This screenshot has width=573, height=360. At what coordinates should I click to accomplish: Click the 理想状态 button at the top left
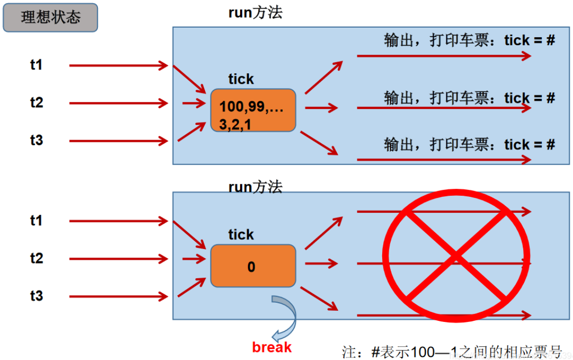50,18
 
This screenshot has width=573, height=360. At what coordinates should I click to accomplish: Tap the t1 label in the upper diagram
37,65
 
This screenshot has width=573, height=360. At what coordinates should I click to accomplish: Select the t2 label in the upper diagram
37,103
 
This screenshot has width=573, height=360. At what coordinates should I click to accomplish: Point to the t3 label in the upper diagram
37,140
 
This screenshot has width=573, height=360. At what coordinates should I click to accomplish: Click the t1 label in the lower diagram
37,220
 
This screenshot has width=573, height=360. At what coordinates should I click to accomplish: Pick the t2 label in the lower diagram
37,259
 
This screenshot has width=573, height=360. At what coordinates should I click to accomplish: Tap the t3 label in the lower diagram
37,296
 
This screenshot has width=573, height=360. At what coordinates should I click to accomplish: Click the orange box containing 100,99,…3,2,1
253,110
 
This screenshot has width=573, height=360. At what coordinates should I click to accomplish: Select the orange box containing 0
253,266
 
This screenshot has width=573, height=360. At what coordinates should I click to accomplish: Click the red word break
272,347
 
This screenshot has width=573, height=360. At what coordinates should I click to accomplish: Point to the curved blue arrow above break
285,316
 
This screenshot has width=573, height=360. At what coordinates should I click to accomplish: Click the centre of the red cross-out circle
456,257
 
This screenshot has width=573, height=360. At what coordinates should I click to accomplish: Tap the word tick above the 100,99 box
241,79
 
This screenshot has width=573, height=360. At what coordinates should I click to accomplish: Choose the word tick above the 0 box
241,235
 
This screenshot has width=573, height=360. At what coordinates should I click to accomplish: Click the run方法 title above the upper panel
255,13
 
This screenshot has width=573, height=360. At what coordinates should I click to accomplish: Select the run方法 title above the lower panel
255,187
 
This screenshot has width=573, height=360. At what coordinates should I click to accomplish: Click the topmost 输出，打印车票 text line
469,41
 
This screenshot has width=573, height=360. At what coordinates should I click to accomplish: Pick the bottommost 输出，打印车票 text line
469,145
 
